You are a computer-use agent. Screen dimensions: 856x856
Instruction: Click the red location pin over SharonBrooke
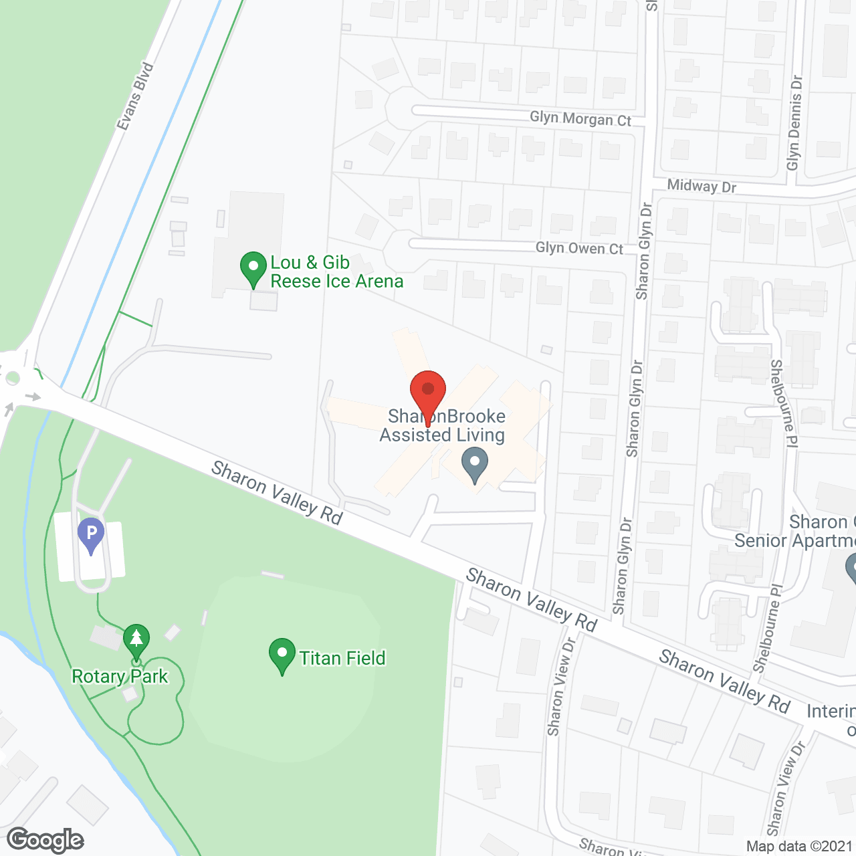click(x=428, y=391)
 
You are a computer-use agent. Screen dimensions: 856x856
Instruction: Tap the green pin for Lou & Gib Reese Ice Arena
click(x=253, y=268)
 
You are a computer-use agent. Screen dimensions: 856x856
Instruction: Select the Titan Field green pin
click(x=282, y=655)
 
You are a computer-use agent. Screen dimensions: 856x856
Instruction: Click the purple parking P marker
click(x=91, y=536)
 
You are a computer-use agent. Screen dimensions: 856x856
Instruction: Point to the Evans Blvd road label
click(x=135, y=96)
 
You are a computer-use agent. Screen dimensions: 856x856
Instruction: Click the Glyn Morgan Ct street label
click(x=580, y=119)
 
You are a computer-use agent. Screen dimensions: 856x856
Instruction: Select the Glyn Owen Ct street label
click(x=579, y=248)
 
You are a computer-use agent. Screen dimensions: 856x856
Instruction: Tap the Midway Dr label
click(x=702, y=186)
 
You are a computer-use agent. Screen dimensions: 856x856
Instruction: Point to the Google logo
click(x=45, y=840)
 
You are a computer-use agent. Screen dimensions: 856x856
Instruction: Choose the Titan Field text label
click(x=342, y=659)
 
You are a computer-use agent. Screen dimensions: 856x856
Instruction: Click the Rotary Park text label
click(x=120, y=677)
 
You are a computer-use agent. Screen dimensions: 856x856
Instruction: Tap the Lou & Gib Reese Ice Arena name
click(x=336, y=272)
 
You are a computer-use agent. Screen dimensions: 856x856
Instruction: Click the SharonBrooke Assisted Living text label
click(x=443, y=426)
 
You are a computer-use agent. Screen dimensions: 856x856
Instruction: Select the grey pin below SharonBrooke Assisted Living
click(x=475, y=464)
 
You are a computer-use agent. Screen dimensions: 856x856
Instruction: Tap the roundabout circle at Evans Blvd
click(x=12, y=379)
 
